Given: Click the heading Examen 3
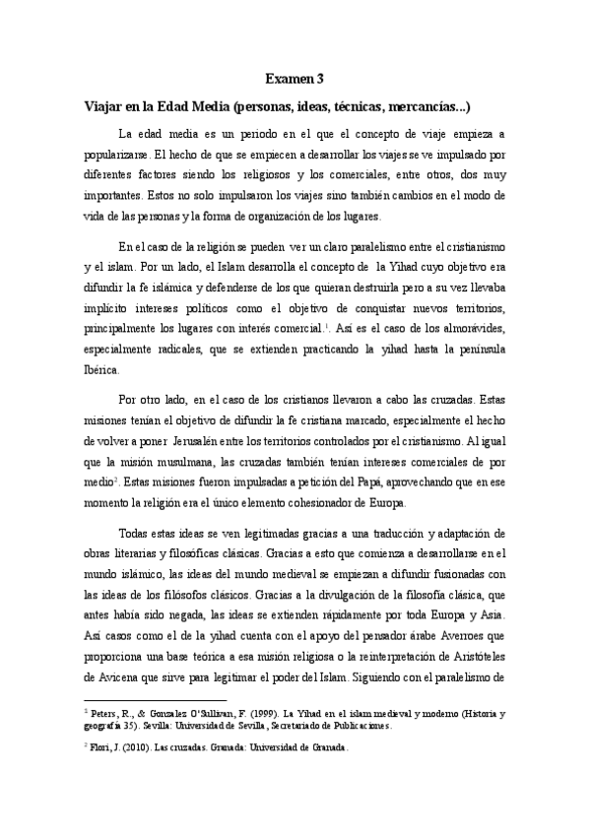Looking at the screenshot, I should point(295,78).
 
